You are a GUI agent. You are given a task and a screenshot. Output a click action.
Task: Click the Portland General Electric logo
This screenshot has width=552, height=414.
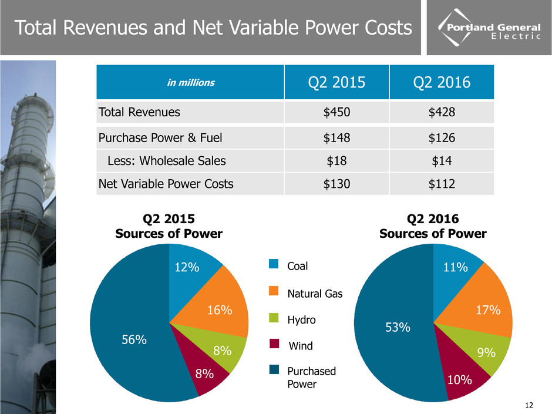point(487,29)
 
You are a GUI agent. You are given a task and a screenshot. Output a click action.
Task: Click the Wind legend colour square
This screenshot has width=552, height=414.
point(274,346)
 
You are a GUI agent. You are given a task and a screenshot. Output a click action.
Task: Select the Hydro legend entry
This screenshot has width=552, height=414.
point(301,320)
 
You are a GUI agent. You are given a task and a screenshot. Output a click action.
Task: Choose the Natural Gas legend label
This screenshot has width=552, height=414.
point(314,294)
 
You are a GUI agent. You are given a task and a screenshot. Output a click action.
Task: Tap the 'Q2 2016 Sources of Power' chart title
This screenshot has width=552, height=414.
point(433,226)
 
